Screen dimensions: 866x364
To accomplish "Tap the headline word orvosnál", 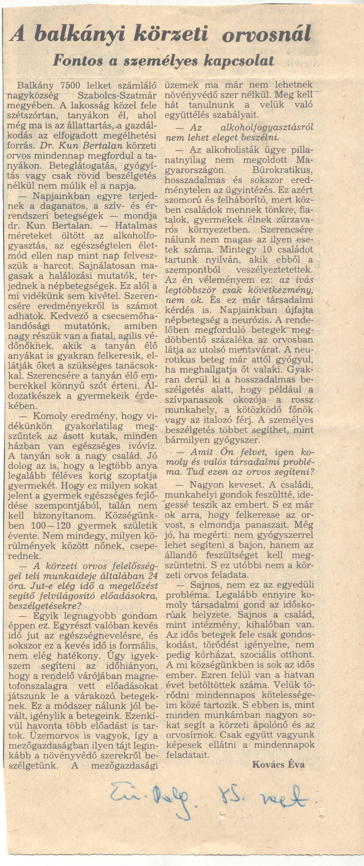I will pos(267,35).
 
